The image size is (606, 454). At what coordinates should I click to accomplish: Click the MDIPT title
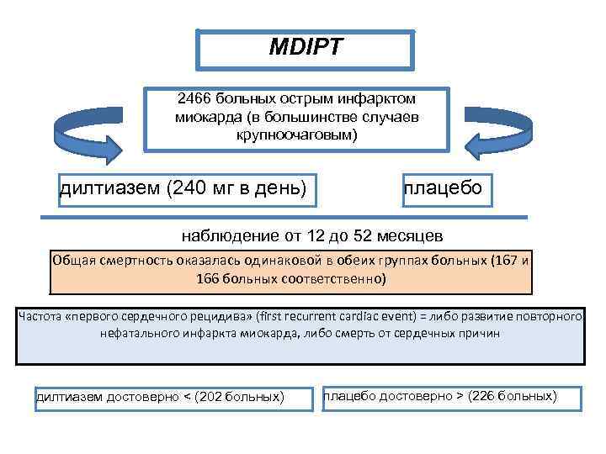pos(306,48)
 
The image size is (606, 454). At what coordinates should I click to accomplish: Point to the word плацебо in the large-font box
pos(443,187)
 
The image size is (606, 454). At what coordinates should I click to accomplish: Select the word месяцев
pos(412,235)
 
